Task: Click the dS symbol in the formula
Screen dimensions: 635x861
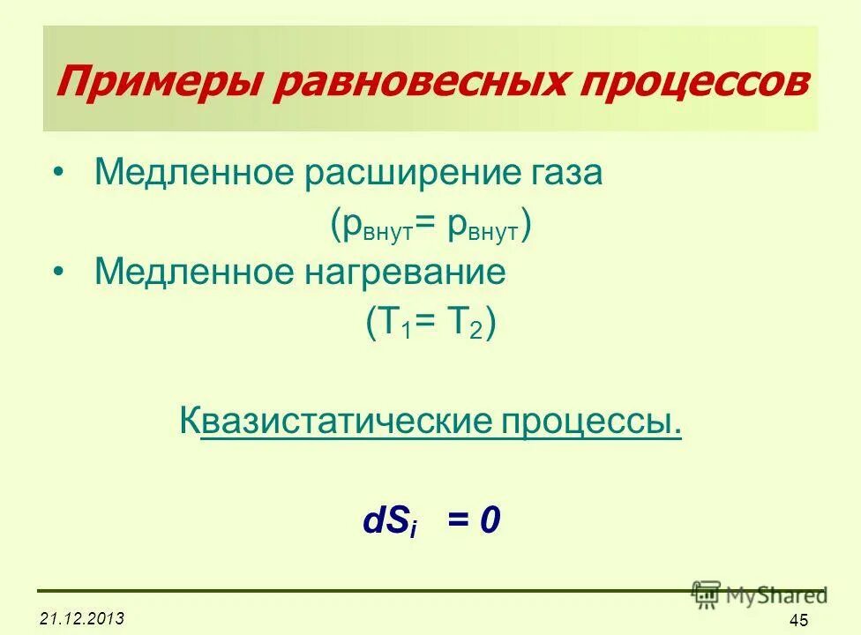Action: pyautogui.click(x=387, y=522)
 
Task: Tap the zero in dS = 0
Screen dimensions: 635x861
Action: pyautogui.click(x=490, y=521)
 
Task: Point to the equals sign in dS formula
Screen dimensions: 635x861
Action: pyautogui.click(x=459, y=521)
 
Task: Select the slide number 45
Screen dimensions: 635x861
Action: pyautogui.click(x=799, y=620)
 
